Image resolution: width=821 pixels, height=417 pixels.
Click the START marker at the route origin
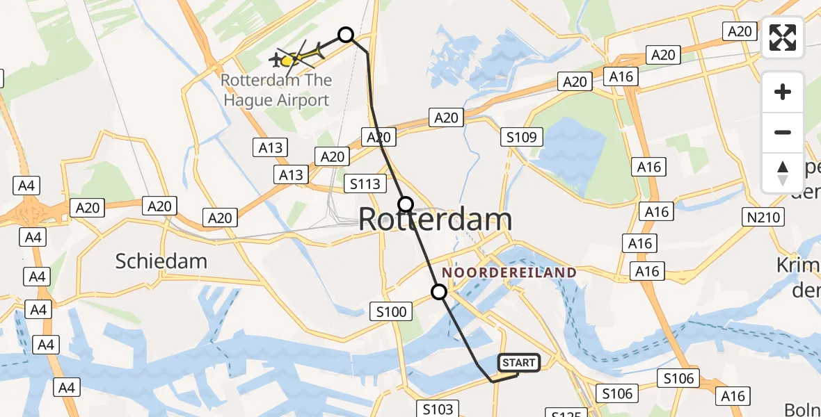pos(518,362)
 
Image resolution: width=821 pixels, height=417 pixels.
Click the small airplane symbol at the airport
pos(277,62)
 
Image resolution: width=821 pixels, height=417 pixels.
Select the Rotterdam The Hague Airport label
pos(276,90)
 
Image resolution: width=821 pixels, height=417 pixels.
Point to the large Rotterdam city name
pos(435,220)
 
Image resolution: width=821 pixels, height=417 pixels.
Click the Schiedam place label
pos(161,261)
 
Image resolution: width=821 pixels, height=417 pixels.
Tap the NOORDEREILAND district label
pos(509,272)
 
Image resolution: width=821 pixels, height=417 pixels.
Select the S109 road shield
pos(522,137)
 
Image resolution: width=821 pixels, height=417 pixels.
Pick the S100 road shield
pos(391,311)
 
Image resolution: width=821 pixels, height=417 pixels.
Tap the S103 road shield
pos(438,409)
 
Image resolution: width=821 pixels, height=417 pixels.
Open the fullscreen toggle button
pos(783,38)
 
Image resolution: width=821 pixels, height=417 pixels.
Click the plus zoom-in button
pos(783,92)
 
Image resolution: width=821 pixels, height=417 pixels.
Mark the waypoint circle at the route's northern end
pos(346,34)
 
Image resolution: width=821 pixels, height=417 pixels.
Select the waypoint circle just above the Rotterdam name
pos(406,204)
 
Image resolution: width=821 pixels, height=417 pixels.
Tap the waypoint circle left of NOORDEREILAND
pos(439,292)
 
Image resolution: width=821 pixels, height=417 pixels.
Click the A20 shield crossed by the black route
pos(378,137)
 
